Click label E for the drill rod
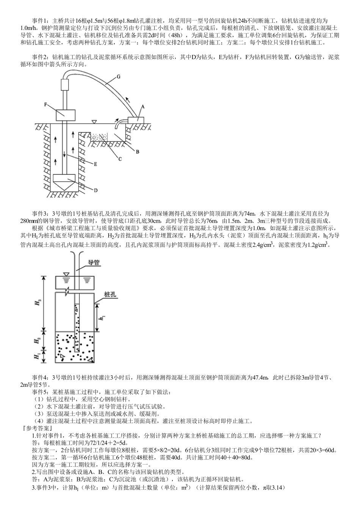(x=95, y=164)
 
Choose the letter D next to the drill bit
(x=95, y=190)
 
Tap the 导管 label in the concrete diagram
(x=94, y=262)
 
